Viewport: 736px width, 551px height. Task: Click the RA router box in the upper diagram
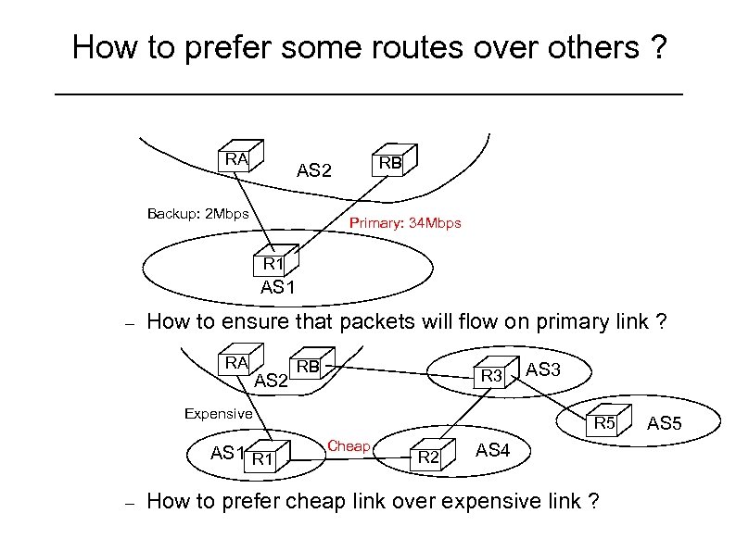pos(239,158)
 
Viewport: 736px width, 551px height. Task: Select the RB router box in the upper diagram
pos(389,162)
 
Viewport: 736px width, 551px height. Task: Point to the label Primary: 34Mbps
pos(405,224)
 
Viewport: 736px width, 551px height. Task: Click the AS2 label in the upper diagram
pos(313,170)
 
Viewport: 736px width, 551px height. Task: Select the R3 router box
pos(492,375)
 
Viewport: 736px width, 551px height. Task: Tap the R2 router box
pos(428,456)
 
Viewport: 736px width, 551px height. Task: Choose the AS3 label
pos(543,369)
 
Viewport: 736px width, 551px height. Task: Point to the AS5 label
pos(665,424)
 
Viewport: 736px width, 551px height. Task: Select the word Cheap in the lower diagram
pos(349,446)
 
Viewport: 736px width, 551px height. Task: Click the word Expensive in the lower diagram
pos(218,414)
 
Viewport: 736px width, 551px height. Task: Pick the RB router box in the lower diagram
pos(308,366)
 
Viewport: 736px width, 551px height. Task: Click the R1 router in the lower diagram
pos(264,457)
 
